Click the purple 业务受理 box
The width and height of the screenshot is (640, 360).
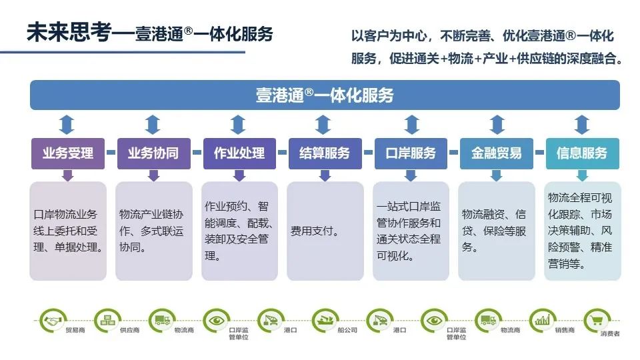click(x=67, y=153)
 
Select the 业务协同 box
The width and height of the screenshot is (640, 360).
click(x=153, y=153)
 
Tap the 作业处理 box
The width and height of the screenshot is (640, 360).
click(x=239, y=153)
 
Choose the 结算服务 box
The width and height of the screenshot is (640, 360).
click(x=324, y=153)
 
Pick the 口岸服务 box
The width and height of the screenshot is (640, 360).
click(x=411, y=153)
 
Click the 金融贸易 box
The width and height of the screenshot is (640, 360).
click(x=496, y=153)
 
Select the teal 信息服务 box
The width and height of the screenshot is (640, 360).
click(x=582, y=153)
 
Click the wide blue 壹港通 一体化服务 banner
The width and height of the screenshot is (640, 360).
click(x=325, y=95)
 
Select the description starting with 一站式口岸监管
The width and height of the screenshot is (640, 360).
click(x=409, y=231)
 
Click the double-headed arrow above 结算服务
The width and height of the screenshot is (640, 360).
click(x=324, y=125)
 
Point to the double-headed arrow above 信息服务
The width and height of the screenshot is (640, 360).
click(x=582, y=125)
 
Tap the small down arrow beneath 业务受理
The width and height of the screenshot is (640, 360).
click(x=67, y=175)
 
